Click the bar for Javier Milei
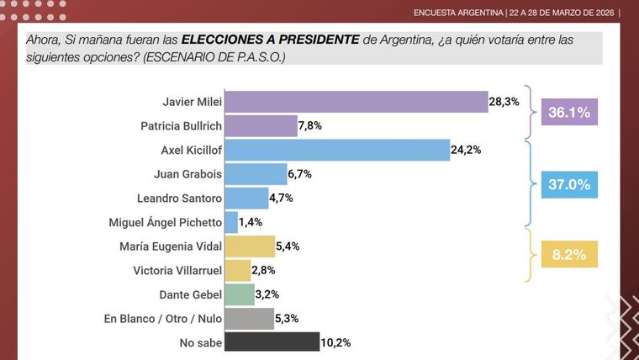tap(356, 101)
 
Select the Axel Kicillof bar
tap(338, 150)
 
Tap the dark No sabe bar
tap(272, 342)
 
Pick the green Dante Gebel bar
tap(240, 294)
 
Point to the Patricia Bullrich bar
tap(261, 125)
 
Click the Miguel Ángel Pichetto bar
tap(231, 222)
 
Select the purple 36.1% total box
tap(568, 112)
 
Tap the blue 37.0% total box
tap(568, 184)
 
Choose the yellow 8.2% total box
tap(568, 251)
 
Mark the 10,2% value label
tap(336, 342)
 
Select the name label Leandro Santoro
tap(179, 199)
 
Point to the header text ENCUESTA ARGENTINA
tap(459, 13)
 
